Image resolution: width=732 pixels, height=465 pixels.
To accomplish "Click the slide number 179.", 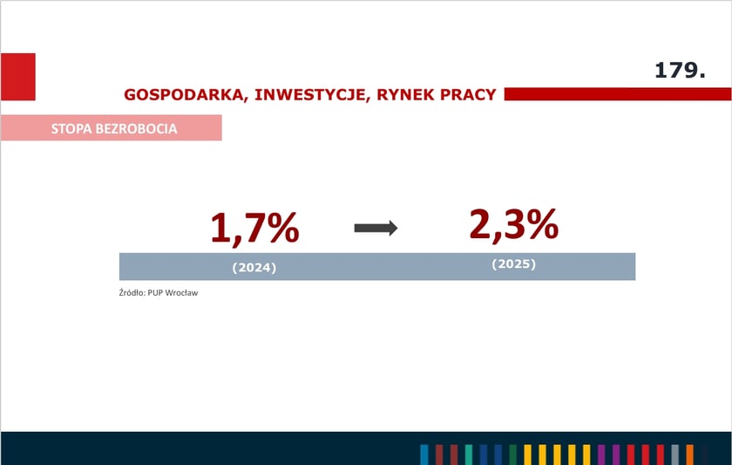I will tap(680, 72).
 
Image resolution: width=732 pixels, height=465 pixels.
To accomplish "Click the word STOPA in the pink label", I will tap(72, 129).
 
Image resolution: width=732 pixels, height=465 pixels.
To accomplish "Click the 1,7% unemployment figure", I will tap(254, 228).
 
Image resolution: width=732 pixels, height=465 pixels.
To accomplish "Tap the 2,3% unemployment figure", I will tap(513, 224).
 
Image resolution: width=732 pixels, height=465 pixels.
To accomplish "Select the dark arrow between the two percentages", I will tap(376, 228).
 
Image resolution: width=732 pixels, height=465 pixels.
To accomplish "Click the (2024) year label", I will tap(254, 268).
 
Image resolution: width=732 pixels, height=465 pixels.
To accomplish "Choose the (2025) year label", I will tap(513, 263).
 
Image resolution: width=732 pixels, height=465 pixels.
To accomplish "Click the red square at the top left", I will tap(17, 77).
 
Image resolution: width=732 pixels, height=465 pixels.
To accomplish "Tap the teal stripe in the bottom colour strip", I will tap(469, 455).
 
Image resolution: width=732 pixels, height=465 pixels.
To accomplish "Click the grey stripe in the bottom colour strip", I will tap(674, 455).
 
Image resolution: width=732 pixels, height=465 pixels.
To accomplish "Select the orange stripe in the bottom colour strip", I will tap(689, 455).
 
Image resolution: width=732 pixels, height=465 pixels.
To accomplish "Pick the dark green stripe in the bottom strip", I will tap(512, 455).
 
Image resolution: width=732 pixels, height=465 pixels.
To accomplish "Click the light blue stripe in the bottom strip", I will tap(424, 455).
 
